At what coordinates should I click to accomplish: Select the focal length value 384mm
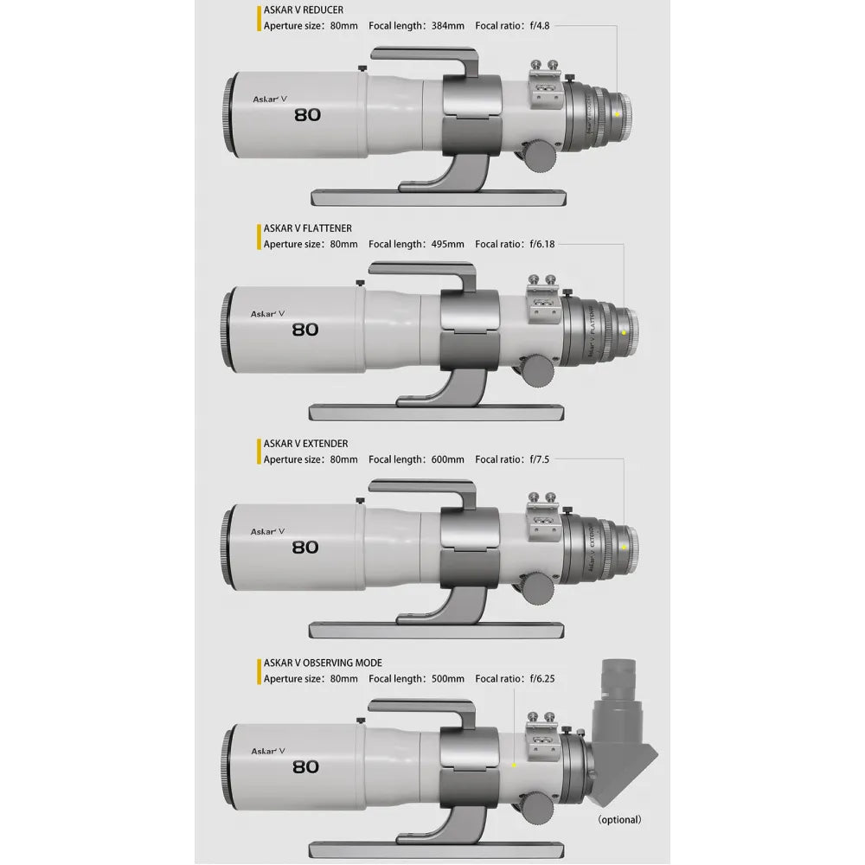tap(448, 26)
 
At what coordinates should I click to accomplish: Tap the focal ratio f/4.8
tap(537, 26)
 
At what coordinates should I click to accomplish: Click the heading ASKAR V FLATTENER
tap(308, 229)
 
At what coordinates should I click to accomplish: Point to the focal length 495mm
tap(448, 245)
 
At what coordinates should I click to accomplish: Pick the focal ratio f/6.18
tap(541, 245)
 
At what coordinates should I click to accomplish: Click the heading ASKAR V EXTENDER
tap(305, 444)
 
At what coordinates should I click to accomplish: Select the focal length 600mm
tap(448, 460)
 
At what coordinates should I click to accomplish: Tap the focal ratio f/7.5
tap(537, 460)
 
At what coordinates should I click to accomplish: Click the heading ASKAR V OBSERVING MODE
tap(323, 663)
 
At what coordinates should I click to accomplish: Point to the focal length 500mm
tap(448, 679)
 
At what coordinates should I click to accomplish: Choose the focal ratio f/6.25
tap(541, 679)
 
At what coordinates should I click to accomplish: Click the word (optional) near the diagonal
tap(619, 819)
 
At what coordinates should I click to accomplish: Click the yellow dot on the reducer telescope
tap(617, 114)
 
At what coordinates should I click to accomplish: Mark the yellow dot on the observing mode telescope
tap(514, 765)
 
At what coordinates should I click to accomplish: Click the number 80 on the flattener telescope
tap(305, 329)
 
